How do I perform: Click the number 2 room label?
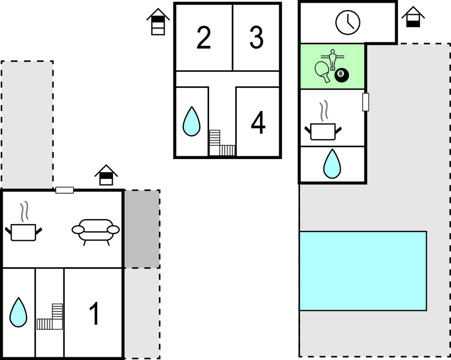[x=204, y=38]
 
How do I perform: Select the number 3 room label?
[x=256, y=38]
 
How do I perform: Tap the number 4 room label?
[x=258, y=123]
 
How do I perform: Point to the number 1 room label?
[x=94, y=314]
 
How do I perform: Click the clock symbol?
[x=347, y=23]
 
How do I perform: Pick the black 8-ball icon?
[x=341, y=75]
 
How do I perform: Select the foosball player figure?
[x=332, y=59]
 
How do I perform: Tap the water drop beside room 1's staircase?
[x=18, y=312]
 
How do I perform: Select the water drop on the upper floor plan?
[x=191, y=121]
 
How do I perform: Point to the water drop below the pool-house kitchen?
[x=332, y=164]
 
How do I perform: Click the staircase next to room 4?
[x=222, y=143]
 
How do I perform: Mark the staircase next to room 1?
[x=50, y=316]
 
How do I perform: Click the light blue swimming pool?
[x=363, y=271]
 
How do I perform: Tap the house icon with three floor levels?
[x=158, y=22]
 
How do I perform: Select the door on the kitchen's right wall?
[x=365, y=102]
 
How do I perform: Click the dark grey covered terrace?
[x=142, y=229]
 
